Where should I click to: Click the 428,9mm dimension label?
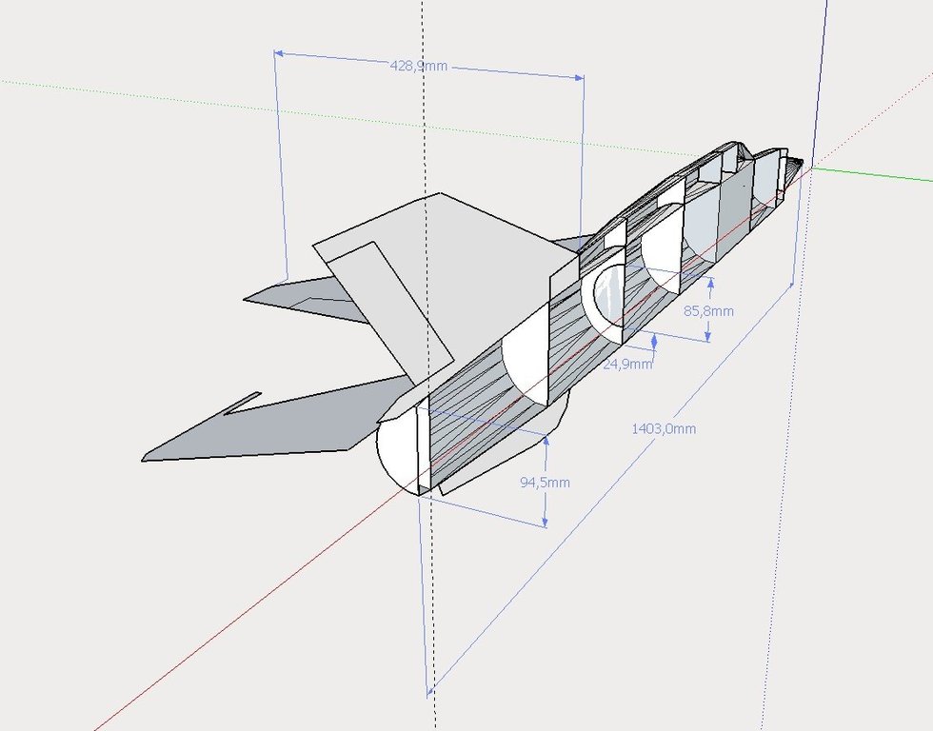(x=418, y=66)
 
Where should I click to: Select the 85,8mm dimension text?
(x=708, y=311)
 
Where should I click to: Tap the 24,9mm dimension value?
(x=627, y=364)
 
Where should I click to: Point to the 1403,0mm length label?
(x=664, y=428)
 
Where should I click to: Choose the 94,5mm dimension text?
(x=545, y=483)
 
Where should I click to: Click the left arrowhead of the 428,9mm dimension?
(x=278, y=53)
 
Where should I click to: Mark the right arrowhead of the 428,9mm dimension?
(x=580, y=77)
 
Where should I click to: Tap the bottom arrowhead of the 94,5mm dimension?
(x=545, y=523)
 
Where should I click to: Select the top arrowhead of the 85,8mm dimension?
(x=710, y=283)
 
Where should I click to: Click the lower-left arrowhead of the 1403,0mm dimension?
(x=430, y=692)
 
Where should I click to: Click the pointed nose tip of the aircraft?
(x=803, y=161)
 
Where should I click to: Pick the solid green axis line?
(x=872, y=173)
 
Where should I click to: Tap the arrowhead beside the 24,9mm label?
(x=655, y=341)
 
